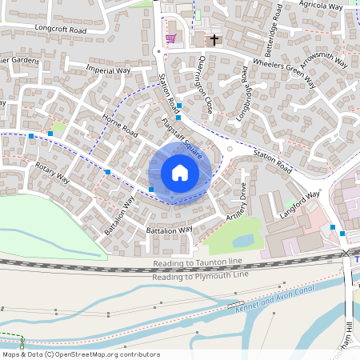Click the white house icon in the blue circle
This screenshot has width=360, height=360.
point(180,173)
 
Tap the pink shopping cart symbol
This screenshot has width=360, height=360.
point(170,38)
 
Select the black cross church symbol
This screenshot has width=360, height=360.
point(214,38)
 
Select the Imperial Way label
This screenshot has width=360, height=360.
point(108,70)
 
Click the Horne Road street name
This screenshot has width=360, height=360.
point(120,124)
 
